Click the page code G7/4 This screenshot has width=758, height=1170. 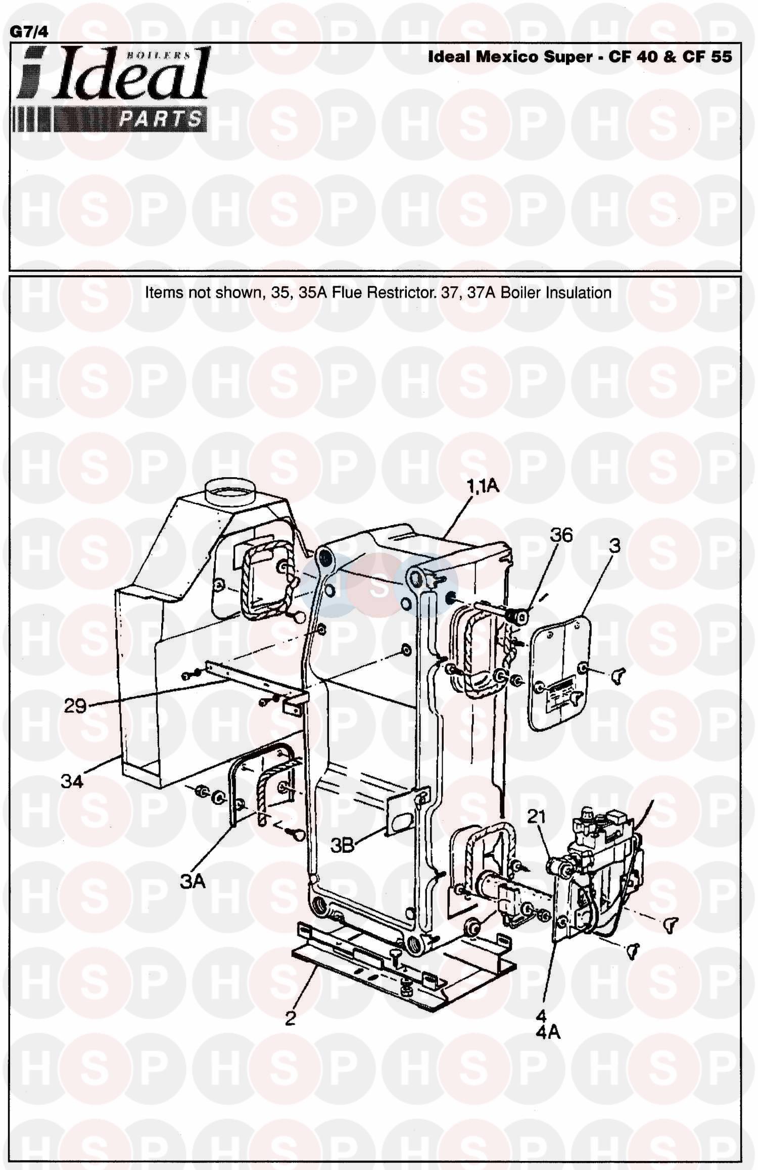pyautogui.click(x=29, y=32)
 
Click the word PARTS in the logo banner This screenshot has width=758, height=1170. pyautogui.click(x=161, y=119)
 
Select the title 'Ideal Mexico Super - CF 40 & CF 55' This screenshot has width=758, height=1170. pyautogui.click(x=580, y=57)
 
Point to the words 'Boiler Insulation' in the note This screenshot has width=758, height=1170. pyautogui.click(x=556, y=292)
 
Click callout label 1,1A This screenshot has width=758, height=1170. pyautogui.click(x=482, y=486)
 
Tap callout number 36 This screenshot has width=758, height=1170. pyautogui.click(x=561, y=535)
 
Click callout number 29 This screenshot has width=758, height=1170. pyautogui.click(x=75, y=705)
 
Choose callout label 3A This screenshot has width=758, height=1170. pyautogui.click(x=193, y=882)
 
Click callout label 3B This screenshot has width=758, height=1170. pyautogui.click(x=343, y=845)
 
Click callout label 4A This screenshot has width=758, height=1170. pyautogui.click(x=548, y=1033)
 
